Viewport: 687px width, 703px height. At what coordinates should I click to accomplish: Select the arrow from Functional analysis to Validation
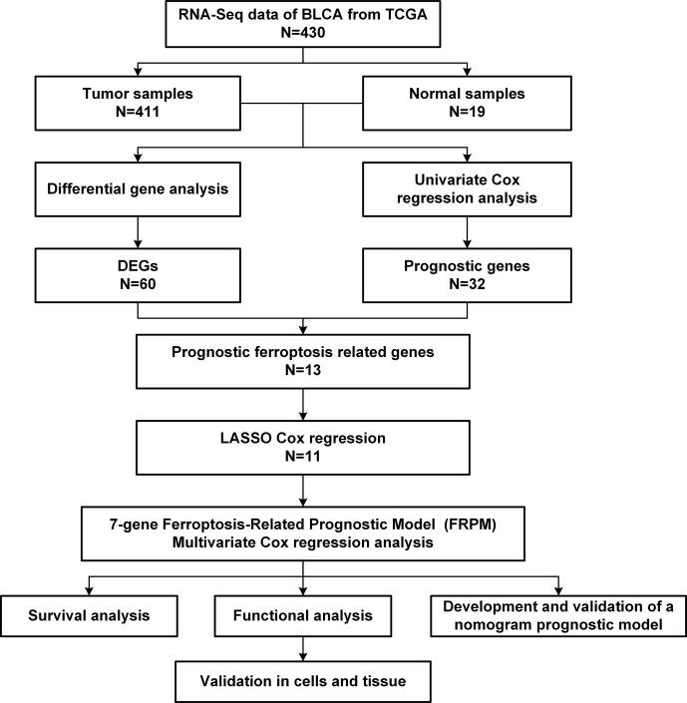pos(303,649)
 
